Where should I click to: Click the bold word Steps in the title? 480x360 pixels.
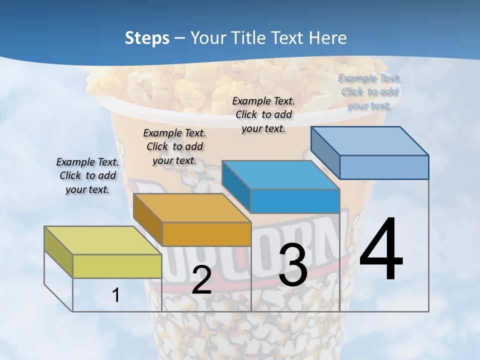(x=147, y=38)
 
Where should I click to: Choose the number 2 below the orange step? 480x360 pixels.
(x=201, y=280)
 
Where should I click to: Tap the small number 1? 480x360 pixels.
(x=116, y=295)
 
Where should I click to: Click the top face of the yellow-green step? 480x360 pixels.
(x=102, y=240)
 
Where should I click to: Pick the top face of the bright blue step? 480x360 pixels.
(x=280, y=175)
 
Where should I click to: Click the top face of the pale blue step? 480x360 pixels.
(x=370, y=141)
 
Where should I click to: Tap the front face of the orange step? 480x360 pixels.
(x=206, y=234)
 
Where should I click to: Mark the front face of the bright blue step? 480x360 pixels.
(x=295, y=201)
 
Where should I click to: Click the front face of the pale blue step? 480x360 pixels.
(x=384, y=167)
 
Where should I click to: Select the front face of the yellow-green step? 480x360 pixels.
(x=117, y=266)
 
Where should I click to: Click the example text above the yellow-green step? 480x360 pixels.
(x=87, y=176)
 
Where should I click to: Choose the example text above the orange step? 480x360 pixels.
(x=174, y=147)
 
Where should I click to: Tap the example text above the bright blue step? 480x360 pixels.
(x=263, y=115)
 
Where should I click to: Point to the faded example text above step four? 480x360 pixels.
(x=369, y=92)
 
